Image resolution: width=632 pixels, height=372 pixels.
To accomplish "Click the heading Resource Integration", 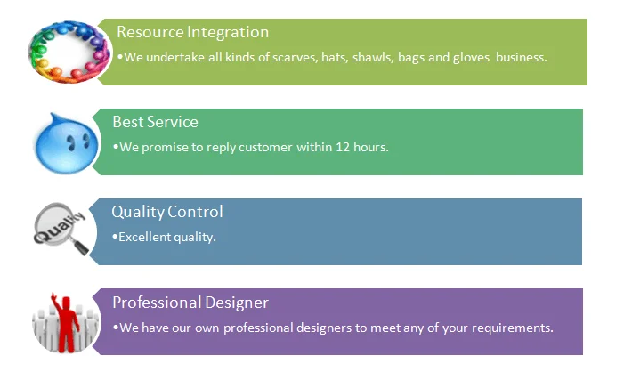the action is tap(192, 32).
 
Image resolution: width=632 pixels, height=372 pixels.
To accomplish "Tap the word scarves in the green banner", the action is tap(296, 57).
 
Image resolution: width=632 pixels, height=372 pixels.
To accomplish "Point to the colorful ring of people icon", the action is tap(69, 52).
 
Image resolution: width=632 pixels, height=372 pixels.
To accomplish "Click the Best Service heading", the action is tap(155, 122).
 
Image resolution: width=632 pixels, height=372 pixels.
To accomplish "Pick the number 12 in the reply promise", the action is tap(343, 147).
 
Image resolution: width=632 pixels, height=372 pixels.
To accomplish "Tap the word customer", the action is tap(265, 147).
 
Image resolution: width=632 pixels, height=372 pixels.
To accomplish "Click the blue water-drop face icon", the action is tap(67, 143).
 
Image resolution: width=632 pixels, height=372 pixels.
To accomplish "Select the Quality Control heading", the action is tap(167, 212).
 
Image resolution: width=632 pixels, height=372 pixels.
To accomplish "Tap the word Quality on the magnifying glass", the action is tap(60, 227).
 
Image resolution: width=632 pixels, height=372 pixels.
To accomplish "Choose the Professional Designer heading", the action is tap(190, 303).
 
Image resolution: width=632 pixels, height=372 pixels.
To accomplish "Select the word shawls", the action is tap(373, 57).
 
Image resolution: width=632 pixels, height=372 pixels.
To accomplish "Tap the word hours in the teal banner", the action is tap(371, 147).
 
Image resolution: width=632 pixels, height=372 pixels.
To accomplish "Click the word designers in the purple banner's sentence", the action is tap(324, 328).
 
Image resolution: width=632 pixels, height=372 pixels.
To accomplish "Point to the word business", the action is tap(521, 57).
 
